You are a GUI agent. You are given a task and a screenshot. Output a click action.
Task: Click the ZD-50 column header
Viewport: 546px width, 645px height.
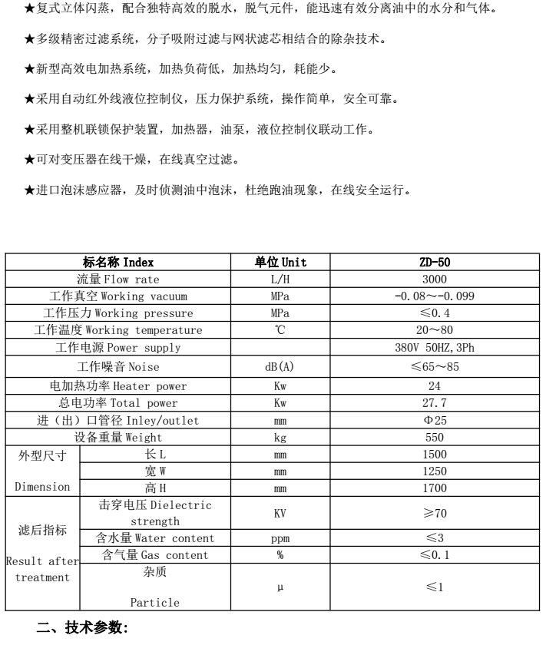tap(435, 263)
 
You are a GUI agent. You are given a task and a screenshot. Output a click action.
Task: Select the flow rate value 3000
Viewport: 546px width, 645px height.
tap(435, 279)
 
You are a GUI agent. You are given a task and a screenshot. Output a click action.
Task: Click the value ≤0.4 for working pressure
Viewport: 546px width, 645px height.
tap(435, 313)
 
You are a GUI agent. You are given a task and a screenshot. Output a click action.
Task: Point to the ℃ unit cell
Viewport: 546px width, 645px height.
tap(280, 330)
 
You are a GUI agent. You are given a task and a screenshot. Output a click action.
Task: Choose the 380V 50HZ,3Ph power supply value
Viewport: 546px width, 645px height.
tap(435, 347)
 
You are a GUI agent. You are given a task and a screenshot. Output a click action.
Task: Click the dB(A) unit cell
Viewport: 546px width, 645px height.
tap(280, 367)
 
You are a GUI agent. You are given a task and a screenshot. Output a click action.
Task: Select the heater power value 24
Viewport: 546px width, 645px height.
tap(435, 385)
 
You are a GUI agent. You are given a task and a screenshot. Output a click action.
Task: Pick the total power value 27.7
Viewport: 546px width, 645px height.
tap(435, 402)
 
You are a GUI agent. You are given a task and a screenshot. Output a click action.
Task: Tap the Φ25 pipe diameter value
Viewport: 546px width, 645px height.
tap(435, 420)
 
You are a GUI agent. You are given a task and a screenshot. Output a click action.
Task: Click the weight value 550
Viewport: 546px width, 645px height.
tap(435, 437)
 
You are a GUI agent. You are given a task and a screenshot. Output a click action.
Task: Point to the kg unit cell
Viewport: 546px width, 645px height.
tap(280, 437)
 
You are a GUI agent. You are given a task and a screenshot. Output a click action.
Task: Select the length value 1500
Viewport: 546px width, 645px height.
tap(435, 454)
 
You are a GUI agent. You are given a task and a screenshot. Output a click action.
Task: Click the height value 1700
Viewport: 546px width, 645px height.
tap(435, 488)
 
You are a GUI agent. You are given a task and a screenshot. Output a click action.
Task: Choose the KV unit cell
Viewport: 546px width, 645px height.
tap(280, 513)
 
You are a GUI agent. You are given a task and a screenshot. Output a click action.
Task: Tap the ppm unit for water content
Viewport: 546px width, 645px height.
tap(280, 538)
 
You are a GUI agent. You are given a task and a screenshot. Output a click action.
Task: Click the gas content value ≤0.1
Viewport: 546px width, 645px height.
tap(435, 555)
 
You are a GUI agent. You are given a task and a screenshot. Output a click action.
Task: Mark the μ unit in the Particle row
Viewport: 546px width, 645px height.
tap(280, 587)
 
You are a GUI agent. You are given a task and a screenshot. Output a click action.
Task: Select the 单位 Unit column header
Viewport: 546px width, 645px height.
tap(280, 263)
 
